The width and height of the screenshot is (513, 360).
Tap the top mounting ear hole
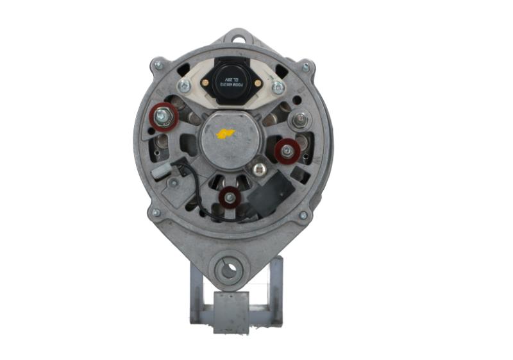(x=239, y=39)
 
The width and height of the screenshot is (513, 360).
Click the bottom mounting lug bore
(x=228, y=269)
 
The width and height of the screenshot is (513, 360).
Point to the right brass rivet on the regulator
(x=255, y=81)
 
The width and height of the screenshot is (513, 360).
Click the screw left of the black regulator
(x=184, y=86)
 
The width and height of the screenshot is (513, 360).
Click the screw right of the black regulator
(x=278, y=86)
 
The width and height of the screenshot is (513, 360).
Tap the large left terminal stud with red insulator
(x=163, y=117)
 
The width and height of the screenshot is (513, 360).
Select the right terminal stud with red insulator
(x=287, y=151)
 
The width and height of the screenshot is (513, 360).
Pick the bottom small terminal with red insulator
(x=229, y=198)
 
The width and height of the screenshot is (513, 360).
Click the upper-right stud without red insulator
(x=299, y=119)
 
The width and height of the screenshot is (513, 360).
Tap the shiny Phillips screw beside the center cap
(x=260, y=169)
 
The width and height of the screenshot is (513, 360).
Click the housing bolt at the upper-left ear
(x=158, y=65)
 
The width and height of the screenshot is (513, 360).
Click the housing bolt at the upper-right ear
(x=306, y=67)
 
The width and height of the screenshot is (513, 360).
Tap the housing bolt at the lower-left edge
(x=156, y=212)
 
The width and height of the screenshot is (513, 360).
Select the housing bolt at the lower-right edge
(x=303, y=216)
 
